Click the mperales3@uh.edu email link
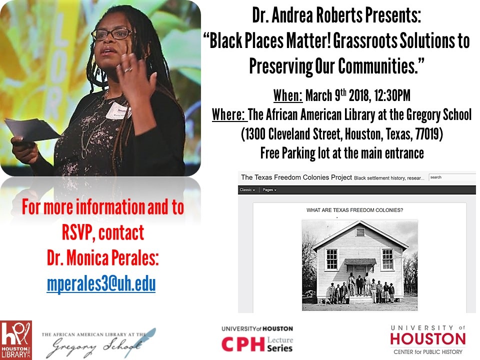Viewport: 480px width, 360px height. pyautogui.click(x=101, y=284)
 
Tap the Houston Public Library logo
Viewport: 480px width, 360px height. pyautogui.click(x=16, y=340)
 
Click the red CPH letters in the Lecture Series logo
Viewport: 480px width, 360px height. pyautogui.click(x=243, y=344)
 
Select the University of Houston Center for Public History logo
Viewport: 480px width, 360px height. pyautogui.click(x=427, y=340)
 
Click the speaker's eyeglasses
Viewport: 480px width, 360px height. pyautogui.click(x=112, y=33)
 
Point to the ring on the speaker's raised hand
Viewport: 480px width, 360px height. pyautogui.click(x=128, y=70)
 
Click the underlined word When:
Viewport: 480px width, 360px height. pyautogui.click(x=288, y=95)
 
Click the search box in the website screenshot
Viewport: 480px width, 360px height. pyautogui.click(x=452, y=177)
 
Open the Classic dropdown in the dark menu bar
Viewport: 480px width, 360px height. pyautogui.click(x=247, y=190)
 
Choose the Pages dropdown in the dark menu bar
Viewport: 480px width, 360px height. pyautogui.click(x=269, y=190)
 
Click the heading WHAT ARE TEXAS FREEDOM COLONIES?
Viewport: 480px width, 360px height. pyautogui.click(x=354, y=210)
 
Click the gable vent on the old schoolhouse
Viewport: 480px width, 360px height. pyautogui.click(x=360, y=232)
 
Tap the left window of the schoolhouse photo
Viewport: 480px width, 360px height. pyautogui.click(x=332, y=259)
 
